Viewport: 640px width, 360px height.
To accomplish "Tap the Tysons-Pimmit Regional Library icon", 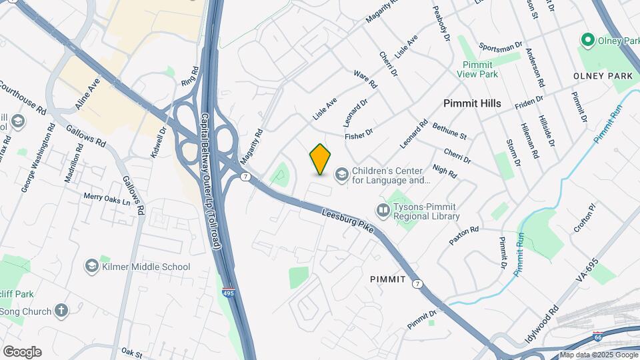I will click(383, 211).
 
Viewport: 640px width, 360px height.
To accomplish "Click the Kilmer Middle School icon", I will click(91, 267).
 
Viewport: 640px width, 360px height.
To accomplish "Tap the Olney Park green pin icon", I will click(587, 41).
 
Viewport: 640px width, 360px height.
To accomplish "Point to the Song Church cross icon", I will click(61, 311).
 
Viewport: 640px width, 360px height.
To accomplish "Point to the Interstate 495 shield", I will click(229, 291).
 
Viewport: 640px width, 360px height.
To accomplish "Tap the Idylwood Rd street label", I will click(541, 325).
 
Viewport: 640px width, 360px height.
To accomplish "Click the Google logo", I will click(22, 351).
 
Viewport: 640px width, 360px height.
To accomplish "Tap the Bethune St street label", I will click(449, 131).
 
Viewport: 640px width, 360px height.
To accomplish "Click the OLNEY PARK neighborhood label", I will click(603, 77).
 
